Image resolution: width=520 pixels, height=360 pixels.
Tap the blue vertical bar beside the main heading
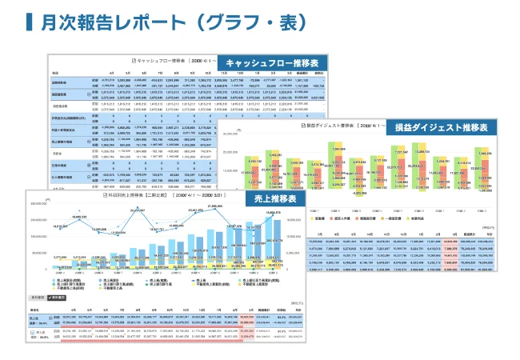pos(29,22)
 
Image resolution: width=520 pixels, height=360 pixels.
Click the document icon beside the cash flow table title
pos(134,61)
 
